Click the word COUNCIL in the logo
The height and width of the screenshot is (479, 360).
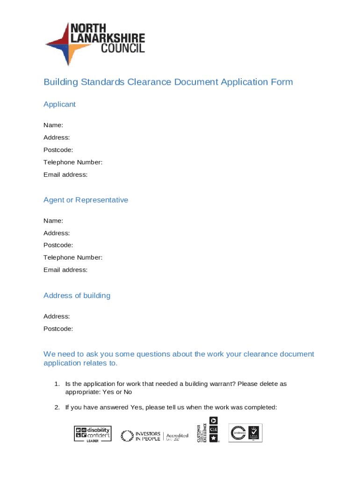coord(120,48)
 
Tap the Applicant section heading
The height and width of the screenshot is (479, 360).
coord(59,104)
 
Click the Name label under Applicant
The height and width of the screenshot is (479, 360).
coord(53,125)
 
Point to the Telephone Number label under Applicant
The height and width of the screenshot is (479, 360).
coord(73,162)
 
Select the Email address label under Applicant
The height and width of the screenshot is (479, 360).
coord(65,174)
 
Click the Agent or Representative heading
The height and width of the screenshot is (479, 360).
coord(86,200)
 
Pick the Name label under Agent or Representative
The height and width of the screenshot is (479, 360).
coord(53,220)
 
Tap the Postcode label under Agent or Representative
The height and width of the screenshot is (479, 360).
coord(58,245)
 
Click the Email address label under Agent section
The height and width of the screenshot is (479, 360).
coord(65,270)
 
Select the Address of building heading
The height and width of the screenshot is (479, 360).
coord(77,296)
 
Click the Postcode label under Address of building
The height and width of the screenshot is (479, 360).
coord(58,329)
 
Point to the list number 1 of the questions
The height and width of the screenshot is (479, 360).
coord(57,384)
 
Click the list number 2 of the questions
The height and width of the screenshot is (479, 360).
coord(57,407)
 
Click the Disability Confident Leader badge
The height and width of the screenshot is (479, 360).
coord(93,434)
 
